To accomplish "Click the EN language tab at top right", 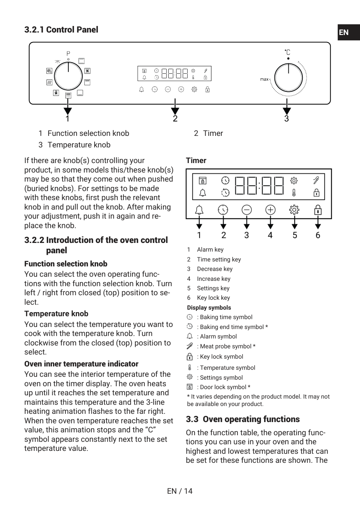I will pyautogui.click(x=344, y=33).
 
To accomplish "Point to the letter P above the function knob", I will pyautogui.click(x=68, y=54).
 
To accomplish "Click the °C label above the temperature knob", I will pyautogui.click(x=288, y=52).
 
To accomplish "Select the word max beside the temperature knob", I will pyautogui.click(x=264, y=79).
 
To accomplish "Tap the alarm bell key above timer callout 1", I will pyautogui.click(x=199, y=210).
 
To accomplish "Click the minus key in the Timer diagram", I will pyautogui.click(x=246, y=210).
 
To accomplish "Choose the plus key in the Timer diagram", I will pyautogui.click(x=270, y=210).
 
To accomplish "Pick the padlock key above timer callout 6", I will pyautogui.click(x=318, y=210).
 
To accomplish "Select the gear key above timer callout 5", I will pyautogui.click(x=294, y=210).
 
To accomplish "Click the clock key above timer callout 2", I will pyautogui.click(x=223, y=210).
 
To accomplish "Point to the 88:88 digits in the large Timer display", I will pyautogui.click(x=259, y=186).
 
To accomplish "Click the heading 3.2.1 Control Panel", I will pyautogui.click(x=61, y=30).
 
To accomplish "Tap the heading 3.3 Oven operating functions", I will pyautogui.click(x=243, y=419).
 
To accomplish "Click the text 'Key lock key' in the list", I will pyautogui.click(x=213, y=298).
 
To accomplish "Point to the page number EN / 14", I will pyautogui.click(x=180, y=491).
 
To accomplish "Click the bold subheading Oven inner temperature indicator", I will pyautogui.click(x=81, y=364).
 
